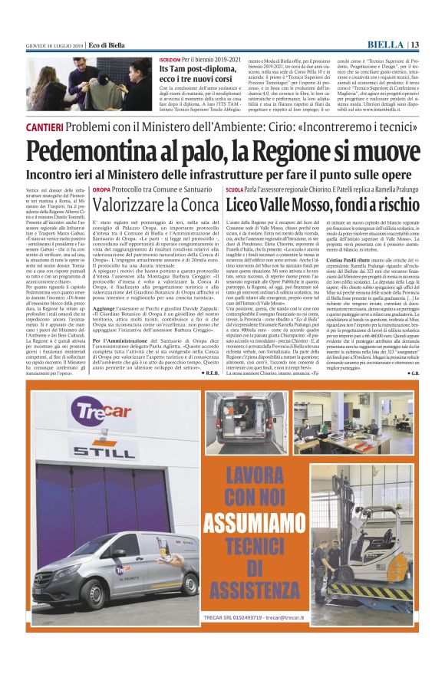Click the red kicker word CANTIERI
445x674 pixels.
coord(45,124)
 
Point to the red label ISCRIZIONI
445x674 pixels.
coord(170,59)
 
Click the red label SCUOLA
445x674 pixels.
coord(235,188)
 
